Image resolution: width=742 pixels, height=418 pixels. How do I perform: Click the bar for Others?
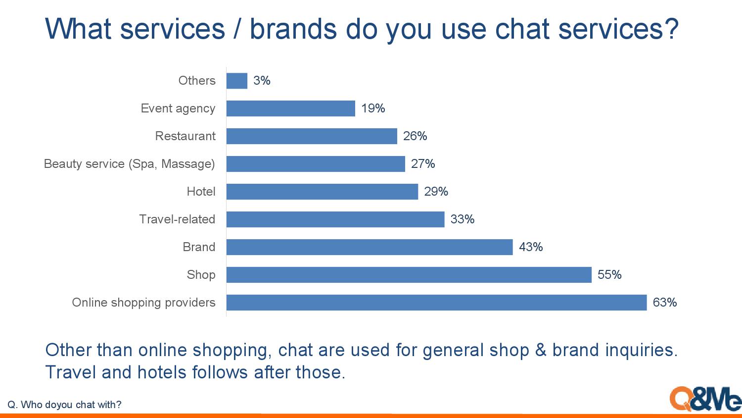[237, 81]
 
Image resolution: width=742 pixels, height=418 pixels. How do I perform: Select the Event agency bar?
[291, 108]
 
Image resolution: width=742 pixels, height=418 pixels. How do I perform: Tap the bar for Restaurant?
[312, 136]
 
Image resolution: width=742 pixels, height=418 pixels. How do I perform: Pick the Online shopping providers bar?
[437, 303]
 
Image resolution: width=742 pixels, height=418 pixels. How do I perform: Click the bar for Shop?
[409, 275]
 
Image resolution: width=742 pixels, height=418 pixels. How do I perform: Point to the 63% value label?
[664, 303]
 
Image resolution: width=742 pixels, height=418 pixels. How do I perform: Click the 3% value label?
[262, 81]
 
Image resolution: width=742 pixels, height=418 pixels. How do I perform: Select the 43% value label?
[531, 247]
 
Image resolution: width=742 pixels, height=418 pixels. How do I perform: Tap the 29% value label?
[436, 192]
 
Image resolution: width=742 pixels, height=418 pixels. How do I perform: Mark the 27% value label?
[422, 164]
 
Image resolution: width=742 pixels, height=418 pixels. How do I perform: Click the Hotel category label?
[201, 192]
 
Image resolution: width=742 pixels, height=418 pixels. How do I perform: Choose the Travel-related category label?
[177, 219]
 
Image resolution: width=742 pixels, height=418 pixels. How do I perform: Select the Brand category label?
[199, 247]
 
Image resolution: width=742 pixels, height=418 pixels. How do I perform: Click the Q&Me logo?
[705, 399]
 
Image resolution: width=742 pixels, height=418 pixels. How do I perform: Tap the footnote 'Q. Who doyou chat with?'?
[64, 405]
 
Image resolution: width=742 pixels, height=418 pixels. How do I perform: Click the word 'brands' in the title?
[293, 29]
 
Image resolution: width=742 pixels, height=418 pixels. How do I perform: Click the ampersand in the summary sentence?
[541, 350]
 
